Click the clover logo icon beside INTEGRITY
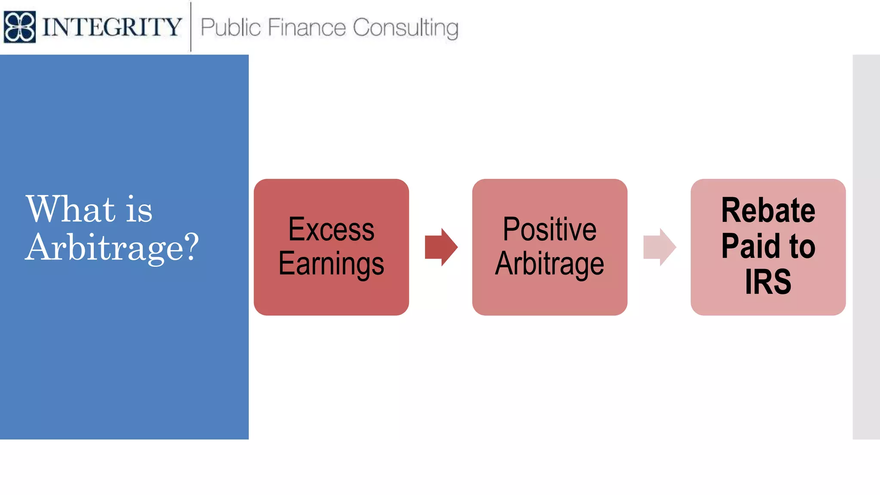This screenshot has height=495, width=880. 19,27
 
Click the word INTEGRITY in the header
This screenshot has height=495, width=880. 112,27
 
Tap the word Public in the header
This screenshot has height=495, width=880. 230,27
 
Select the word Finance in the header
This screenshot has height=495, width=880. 307,27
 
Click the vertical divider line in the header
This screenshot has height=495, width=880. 191,27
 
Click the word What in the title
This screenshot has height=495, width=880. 71,209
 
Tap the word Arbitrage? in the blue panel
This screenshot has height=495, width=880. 112,247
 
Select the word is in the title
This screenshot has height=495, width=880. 139,210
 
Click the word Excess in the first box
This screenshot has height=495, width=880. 331,229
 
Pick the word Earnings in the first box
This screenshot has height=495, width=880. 331,263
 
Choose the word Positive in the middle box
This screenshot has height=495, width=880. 550,229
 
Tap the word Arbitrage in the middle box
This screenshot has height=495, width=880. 550,263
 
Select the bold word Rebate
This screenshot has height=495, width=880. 768,210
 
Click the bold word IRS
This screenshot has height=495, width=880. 768,282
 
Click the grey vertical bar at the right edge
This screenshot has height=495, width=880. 866,247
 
